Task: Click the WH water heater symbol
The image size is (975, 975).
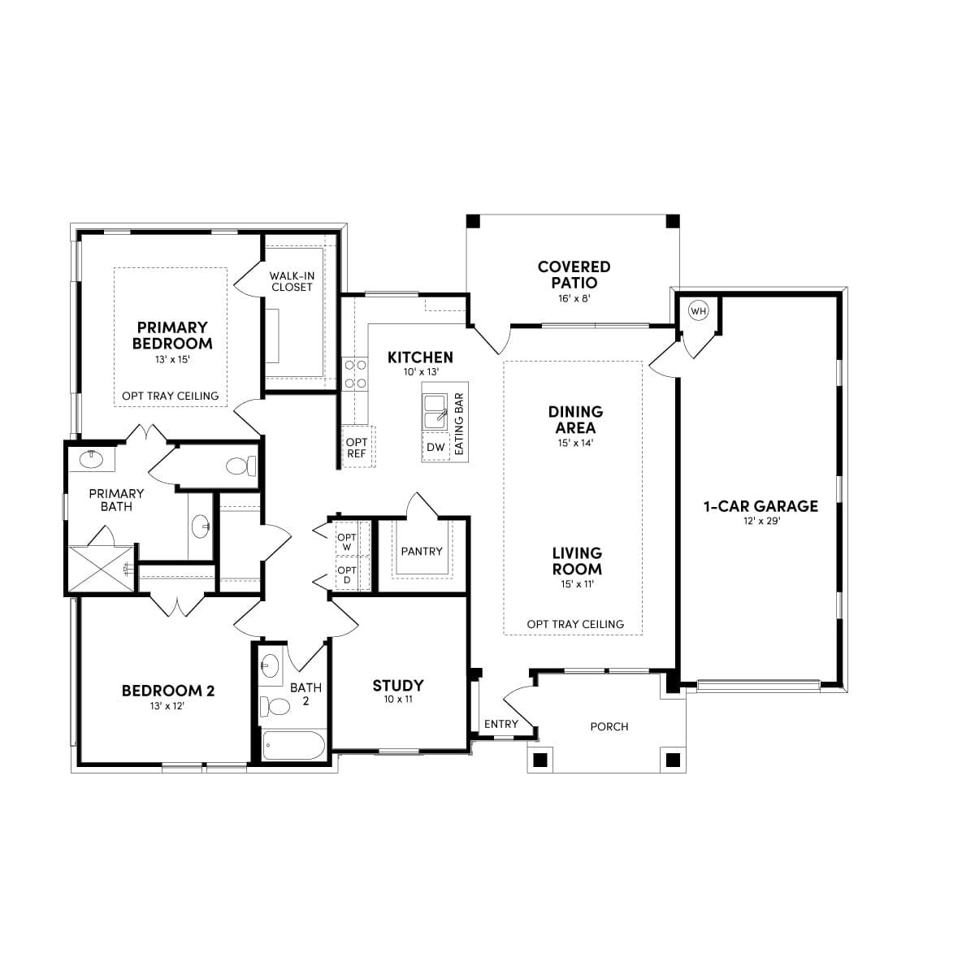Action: tap(698, 310)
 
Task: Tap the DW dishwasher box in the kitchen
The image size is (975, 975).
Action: tap(435, 447)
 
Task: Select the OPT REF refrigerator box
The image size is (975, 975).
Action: tap(357, 447)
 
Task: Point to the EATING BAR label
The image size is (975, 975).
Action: tap(459, 424)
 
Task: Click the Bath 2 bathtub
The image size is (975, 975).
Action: tap(293, 745)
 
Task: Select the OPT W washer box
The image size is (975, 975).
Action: tap(347, 542)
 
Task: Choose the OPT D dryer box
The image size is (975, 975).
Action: tap(347, 575)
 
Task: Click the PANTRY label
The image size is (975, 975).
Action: tap(422, 551)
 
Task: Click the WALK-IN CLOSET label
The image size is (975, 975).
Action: tap(292, 281)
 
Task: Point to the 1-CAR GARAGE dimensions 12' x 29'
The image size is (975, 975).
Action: tap(760, 521)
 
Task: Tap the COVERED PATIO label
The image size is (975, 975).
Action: tap(574, 275)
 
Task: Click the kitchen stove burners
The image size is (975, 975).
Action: tap(355, 374)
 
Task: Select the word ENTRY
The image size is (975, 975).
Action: tap(500, 724)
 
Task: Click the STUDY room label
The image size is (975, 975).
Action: tap(398, 685)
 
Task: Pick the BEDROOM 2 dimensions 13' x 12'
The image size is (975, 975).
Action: tap(167, 706)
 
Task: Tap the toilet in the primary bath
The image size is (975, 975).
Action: tap(240, 466)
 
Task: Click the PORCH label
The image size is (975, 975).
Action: tap(609, 726)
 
